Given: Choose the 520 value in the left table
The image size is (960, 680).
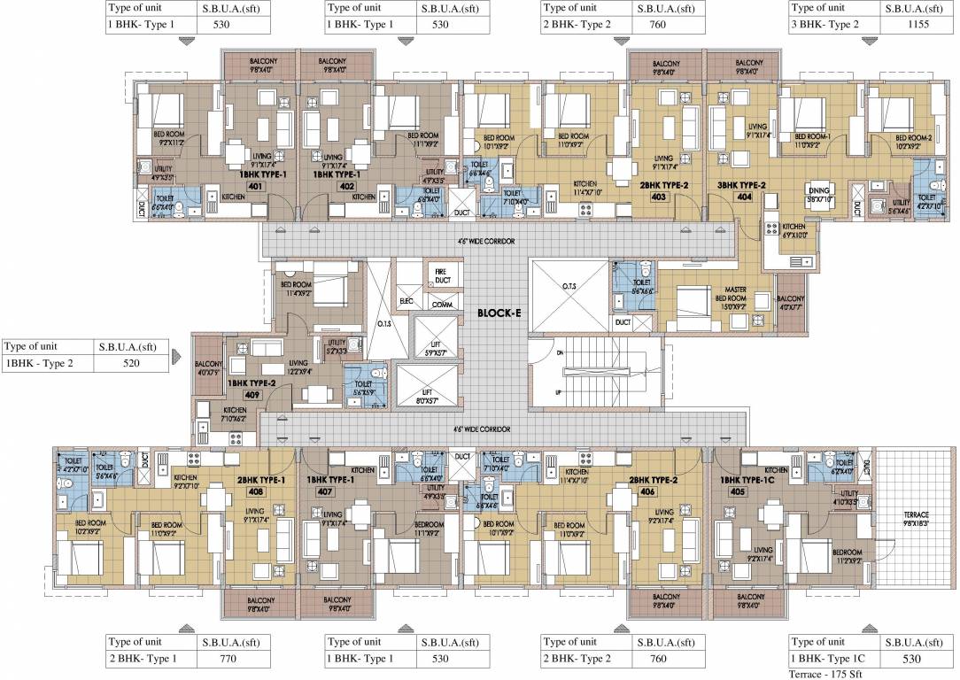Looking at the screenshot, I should click(130, 363).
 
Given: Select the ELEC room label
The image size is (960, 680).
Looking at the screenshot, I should click(407, 301).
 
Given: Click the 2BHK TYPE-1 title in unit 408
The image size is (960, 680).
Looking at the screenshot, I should click(260, 479).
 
